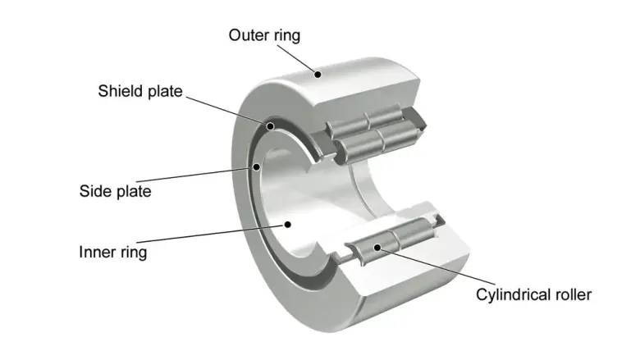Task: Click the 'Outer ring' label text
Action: click(264, 35)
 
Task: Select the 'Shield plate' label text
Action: click(142, 90)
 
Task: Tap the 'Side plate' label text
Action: click(116, 191)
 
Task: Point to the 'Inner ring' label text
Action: click(113, 252)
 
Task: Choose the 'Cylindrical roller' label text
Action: click(533, 294)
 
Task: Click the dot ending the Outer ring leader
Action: click(317, 74)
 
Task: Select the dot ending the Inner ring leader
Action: click(286, 223)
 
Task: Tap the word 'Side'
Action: click(95, 191)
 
